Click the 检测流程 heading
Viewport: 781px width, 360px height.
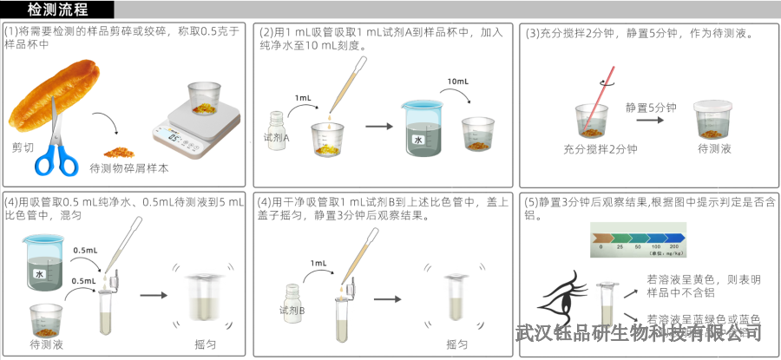[x=57, y=10]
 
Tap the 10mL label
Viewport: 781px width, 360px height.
[x=459, y=82]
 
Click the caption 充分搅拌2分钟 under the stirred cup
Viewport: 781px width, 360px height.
[x=600, y=149]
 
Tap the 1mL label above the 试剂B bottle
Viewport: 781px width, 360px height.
[x=318, y=263]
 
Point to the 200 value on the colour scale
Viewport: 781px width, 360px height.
[x=673, y=248]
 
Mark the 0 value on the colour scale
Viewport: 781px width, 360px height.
[x=601, y=248]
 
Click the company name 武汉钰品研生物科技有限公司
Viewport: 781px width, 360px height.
[x=638, y=332]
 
